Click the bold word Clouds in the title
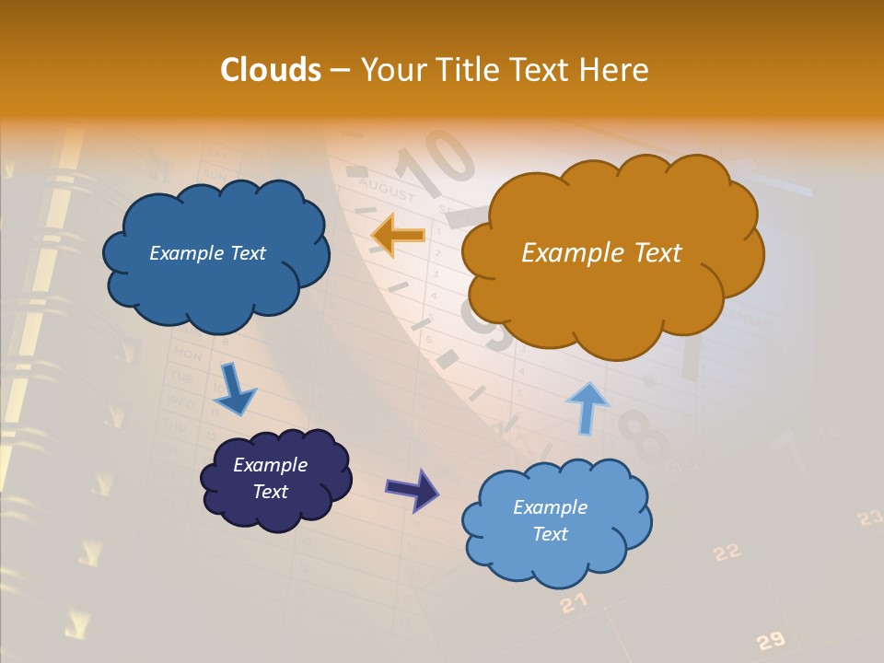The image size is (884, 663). tap(271, 70)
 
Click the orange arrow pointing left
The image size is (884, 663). tap(398, 236)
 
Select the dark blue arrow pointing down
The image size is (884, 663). tap(234, 389)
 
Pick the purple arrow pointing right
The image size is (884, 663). tap(413, 489)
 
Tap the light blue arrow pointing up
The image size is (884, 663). tap(587, 408)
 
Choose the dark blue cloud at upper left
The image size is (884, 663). tap(214, 253)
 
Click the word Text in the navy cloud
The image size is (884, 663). tap(271, 492)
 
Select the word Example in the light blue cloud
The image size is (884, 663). tap(550, 507)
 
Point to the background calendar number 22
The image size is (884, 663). tap(727, 552)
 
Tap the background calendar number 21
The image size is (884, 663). tap(573, 603)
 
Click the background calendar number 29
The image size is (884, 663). tap(770, 641)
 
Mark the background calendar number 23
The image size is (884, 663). tap(870, 518)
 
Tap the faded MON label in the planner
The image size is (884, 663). tap(187, 355)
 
